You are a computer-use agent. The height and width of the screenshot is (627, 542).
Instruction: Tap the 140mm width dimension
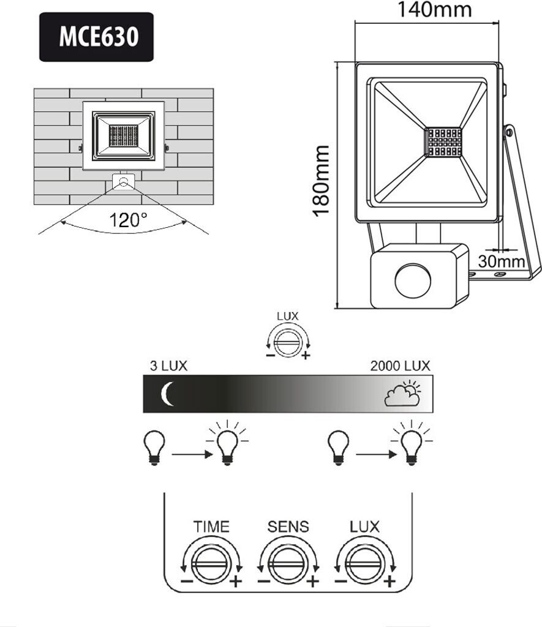tap(435, 10)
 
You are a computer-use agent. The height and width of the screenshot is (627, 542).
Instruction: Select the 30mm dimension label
tap(502, 261)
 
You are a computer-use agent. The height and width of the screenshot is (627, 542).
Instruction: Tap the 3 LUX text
tap(168, 366)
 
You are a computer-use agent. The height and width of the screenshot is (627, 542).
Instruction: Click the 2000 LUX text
tap(400, 366)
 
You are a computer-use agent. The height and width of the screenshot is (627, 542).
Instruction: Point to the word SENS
tap(288, 526)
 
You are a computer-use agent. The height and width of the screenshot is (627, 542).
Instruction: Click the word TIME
tap(211, 526)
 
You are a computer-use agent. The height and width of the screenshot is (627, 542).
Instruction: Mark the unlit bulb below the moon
tap(154, 446)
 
